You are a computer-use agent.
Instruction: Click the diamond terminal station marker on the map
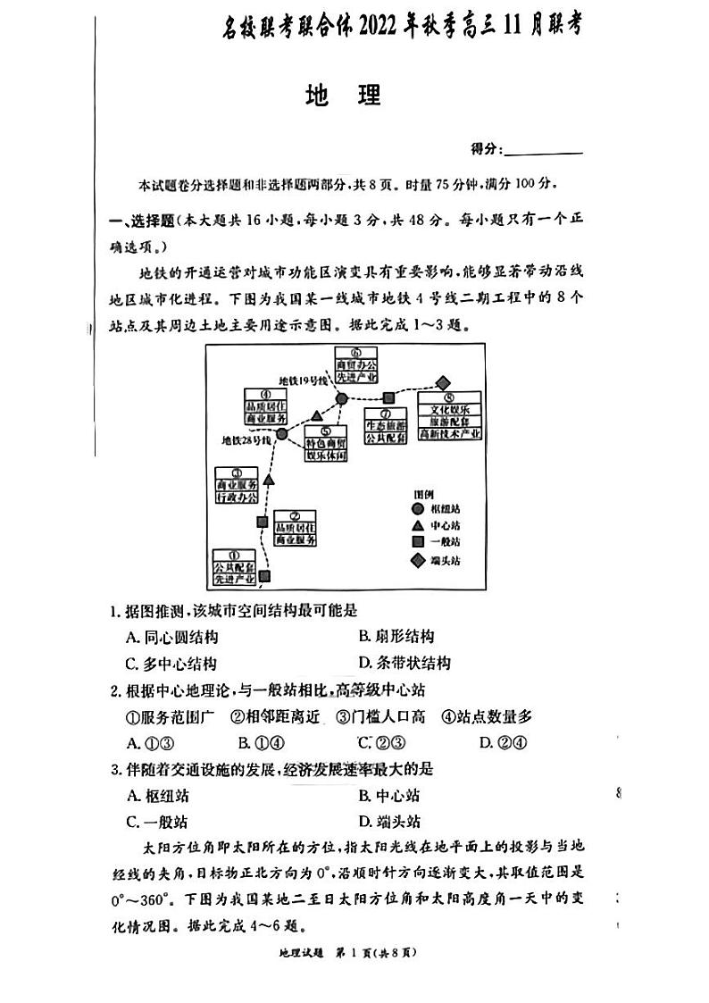[443, 382]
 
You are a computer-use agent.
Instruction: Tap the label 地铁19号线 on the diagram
[303, 381]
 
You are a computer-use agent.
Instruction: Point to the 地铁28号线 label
[247, 439]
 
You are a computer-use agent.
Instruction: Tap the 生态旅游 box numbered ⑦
[387, 427]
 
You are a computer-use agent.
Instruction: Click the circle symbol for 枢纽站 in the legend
[417, 508]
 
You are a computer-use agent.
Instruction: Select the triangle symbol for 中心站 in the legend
[417, 525]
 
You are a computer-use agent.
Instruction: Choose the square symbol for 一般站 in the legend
[417, 542]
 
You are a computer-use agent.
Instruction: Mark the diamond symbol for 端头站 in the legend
[417, 561]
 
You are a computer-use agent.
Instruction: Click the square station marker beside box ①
[264, 576]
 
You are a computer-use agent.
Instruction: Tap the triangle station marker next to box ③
[268, 480]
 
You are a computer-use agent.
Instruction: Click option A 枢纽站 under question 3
[158, 796]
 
